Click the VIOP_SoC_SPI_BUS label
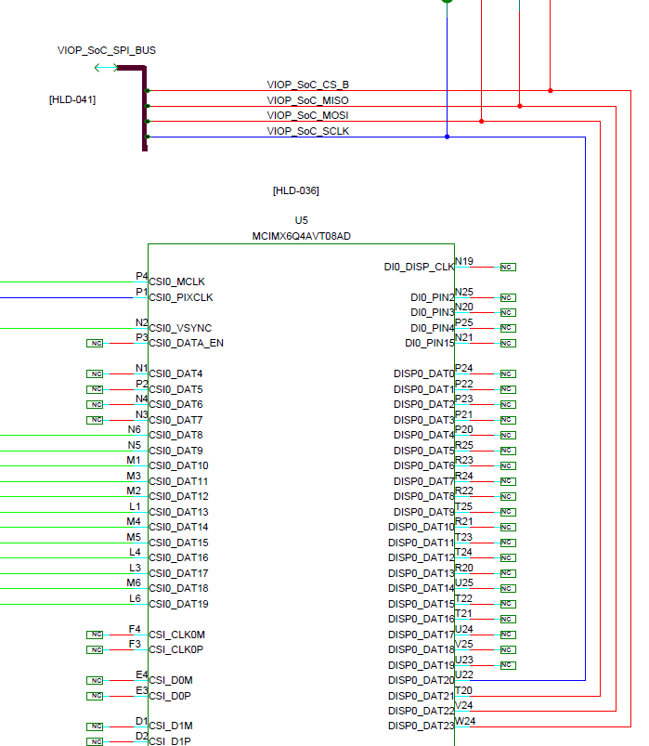tap(107, 50)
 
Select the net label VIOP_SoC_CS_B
tap(307, 85)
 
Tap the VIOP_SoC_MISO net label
tap(307, 100)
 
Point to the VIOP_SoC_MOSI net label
tap(307, 115)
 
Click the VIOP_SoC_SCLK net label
tap(307, 131)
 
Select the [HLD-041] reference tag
tap(72, 98)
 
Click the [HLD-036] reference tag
tap(295, 190)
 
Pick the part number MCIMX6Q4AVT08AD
tap(301, 236)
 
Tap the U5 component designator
tap(301, 221)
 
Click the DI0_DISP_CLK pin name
tap(419, 267)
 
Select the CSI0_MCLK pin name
tap(177, 281)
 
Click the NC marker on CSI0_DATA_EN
tap(96, 343)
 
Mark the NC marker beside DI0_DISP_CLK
tap(507, 267)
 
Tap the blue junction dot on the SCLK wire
tap(447, 137)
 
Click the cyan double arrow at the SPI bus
tap(106, 68)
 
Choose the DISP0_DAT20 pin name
tap(422, 680)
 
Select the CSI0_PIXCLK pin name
tap(181, 297)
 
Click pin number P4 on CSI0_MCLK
tap(141, 276)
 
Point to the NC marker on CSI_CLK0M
tap(96, 635)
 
